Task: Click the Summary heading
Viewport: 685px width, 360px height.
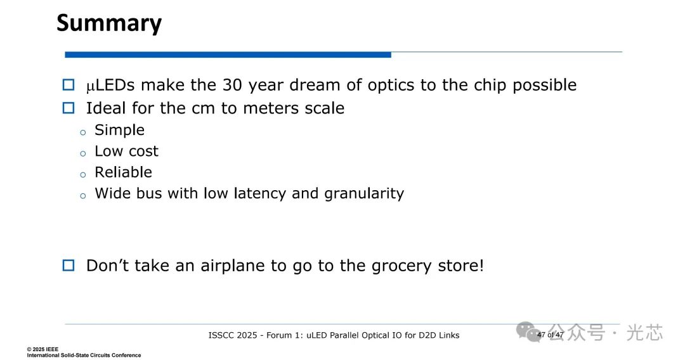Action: tap(109, 23)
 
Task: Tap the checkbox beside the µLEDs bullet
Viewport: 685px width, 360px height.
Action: tap(68, 85)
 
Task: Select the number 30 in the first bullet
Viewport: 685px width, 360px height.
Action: tap(232, 85)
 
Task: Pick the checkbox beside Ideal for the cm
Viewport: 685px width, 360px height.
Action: tap(68, 108)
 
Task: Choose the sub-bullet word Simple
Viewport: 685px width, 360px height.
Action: tap(119, 130)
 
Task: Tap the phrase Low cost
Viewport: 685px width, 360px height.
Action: tap(126, 151)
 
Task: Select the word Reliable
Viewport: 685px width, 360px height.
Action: tap(123, 172)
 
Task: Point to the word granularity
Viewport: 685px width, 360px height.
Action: tap(364, 194)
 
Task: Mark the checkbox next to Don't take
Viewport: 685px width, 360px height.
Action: tap(68, 266)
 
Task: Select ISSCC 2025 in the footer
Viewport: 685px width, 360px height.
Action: tap(232, 335)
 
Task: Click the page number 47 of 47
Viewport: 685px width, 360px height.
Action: tap(550, 335)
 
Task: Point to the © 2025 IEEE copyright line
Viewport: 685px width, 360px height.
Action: tap(42, 349)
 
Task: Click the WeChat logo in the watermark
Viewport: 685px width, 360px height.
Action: tap(528, 332)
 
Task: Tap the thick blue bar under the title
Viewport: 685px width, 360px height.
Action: tap(228, 55)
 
